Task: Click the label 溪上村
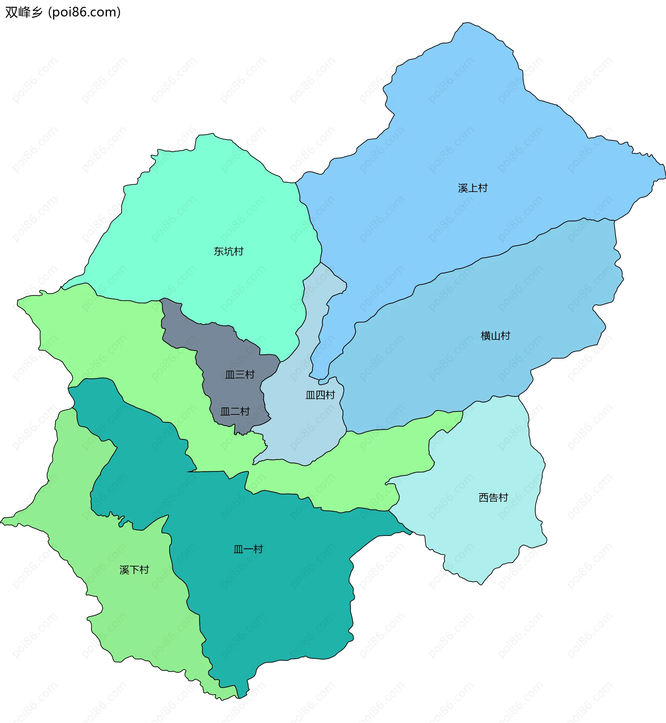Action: (x=472, y=188)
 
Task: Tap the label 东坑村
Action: (x=229, y=251)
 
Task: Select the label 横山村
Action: (x=495, y=336)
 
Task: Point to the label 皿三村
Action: (x=240, y=374)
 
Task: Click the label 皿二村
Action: (x=235, y=411)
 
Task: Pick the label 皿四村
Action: (x=320, y=395)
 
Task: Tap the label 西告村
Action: (x=493, y=498)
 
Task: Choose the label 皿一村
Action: (x=248, y=549)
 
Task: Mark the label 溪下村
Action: (x=134, y=570)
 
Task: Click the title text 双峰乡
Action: (x=24, y=12)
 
